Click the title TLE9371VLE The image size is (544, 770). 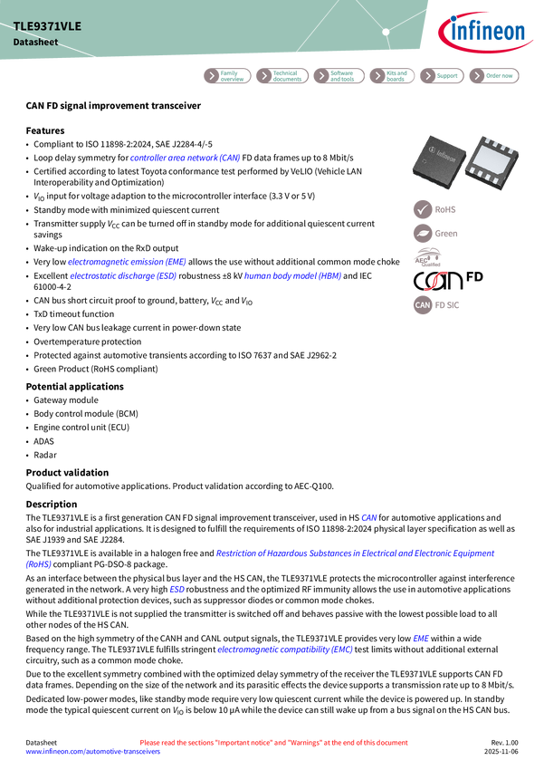click(47, 26)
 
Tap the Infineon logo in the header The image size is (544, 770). click(485, 34)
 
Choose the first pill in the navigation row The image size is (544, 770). click(226, 76)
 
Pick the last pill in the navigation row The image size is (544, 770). click(494, 76)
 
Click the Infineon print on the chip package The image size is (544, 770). click(443, 156)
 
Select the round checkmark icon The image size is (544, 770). click(423, 209)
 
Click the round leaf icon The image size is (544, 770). click(423, 234)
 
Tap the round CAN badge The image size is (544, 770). click(423, 305)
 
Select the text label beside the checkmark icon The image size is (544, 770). click(446, 209)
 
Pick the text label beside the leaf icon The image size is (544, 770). click(446, 234)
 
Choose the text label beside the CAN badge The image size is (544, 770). click(449, 305)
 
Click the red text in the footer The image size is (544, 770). click(273, 742)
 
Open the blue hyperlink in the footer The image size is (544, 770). click(92, 752)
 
